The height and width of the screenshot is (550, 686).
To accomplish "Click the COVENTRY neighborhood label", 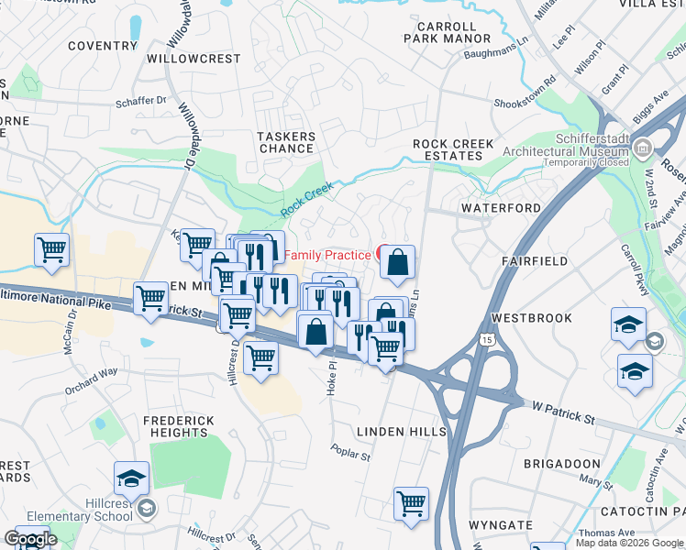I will click(x=102, y=45).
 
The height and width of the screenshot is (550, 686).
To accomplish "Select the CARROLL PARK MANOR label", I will click(x=448, y=33).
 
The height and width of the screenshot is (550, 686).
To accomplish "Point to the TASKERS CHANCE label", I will click(x=286, y=143).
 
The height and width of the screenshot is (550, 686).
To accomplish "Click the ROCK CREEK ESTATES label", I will click(x=453, y=149).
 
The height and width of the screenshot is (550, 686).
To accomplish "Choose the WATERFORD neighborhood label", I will click(x=501, y=208).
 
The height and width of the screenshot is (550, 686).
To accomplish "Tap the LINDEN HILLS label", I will click(x=401, y=431).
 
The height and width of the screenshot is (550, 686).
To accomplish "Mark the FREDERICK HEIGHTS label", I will click(x=178, y=427).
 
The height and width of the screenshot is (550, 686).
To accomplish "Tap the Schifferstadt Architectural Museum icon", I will click(x=642, y=147).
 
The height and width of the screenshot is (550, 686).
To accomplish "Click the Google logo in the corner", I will click(x=29, y=539).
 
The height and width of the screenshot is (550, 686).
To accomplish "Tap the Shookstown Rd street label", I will click(x=525, y=105).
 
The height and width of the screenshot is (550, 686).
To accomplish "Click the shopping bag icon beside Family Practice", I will click(x=398, y=264).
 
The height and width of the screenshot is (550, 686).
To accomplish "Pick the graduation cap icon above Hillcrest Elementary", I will click(x=131, y=479).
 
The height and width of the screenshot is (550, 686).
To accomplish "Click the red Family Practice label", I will click(x=327, y=254).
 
